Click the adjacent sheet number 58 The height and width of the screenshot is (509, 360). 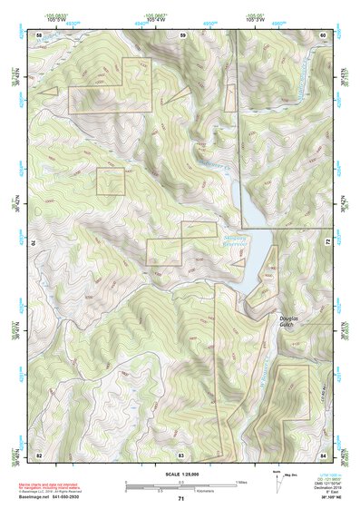[39, 35]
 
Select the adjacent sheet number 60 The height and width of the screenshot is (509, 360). [323, 35]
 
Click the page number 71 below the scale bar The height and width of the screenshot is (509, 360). [180, 499]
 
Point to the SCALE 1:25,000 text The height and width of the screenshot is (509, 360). [180, 474]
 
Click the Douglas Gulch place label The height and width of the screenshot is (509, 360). [289, 323]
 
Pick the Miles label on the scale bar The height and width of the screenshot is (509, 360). [241, 482]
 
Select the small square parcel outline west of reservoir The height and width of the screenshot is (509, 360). [110, 181]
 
